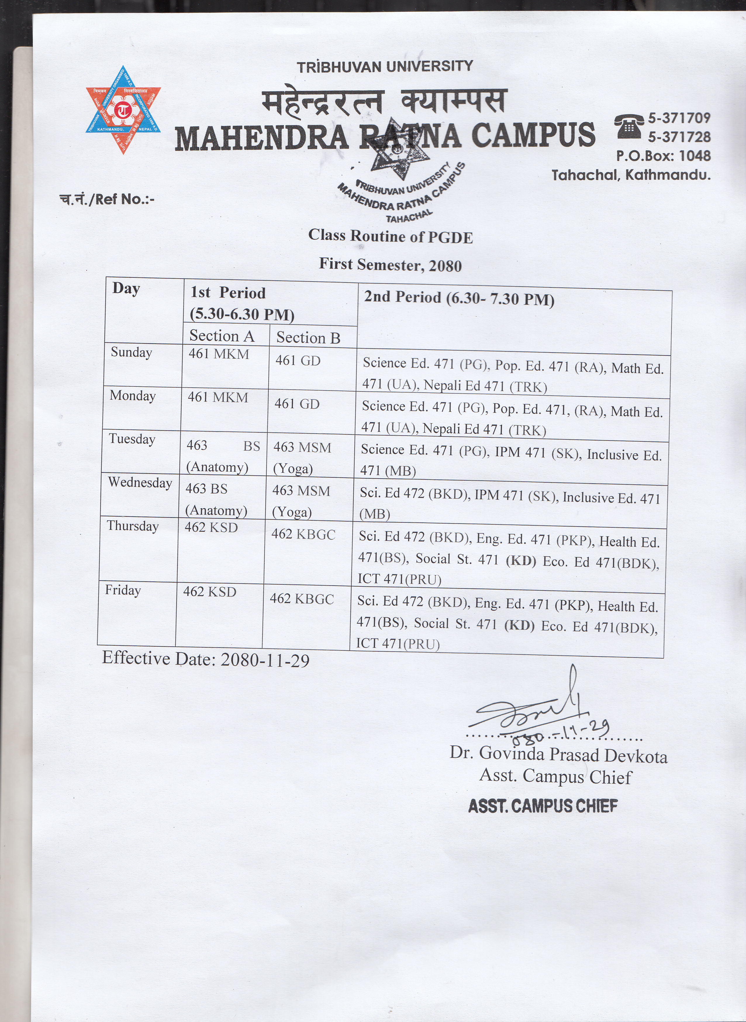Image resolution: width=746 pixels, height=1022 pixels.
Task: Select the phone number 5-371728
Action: coord(679,137)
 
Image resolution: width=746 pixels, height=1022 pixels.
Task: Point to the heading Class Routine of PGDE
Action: coord(391,236)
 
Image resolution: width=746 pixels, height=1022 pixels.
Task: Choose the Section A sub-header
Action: coord(222,336)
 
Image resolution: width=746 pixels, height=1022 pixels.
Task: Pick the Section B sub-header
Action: coord(308,338)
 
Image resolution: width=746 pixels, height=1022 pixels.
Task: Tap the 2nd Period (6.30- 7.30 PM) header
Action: coord(459,298)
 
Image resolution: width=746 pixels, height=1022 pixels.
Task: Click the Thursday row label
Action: coord(133,526)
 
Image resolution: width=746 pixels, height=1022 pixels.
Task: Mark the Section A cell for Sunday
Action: coord(219,354)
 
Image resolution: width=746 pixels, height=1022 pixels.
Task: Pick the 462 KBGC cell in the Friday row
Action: coord(302,599)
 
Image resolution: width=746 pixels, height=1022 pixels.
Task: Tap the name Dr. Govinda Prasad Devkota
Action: coord(558,754)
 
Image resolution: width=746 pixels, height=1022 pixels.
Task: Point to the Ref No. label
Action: coord(107,199)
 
